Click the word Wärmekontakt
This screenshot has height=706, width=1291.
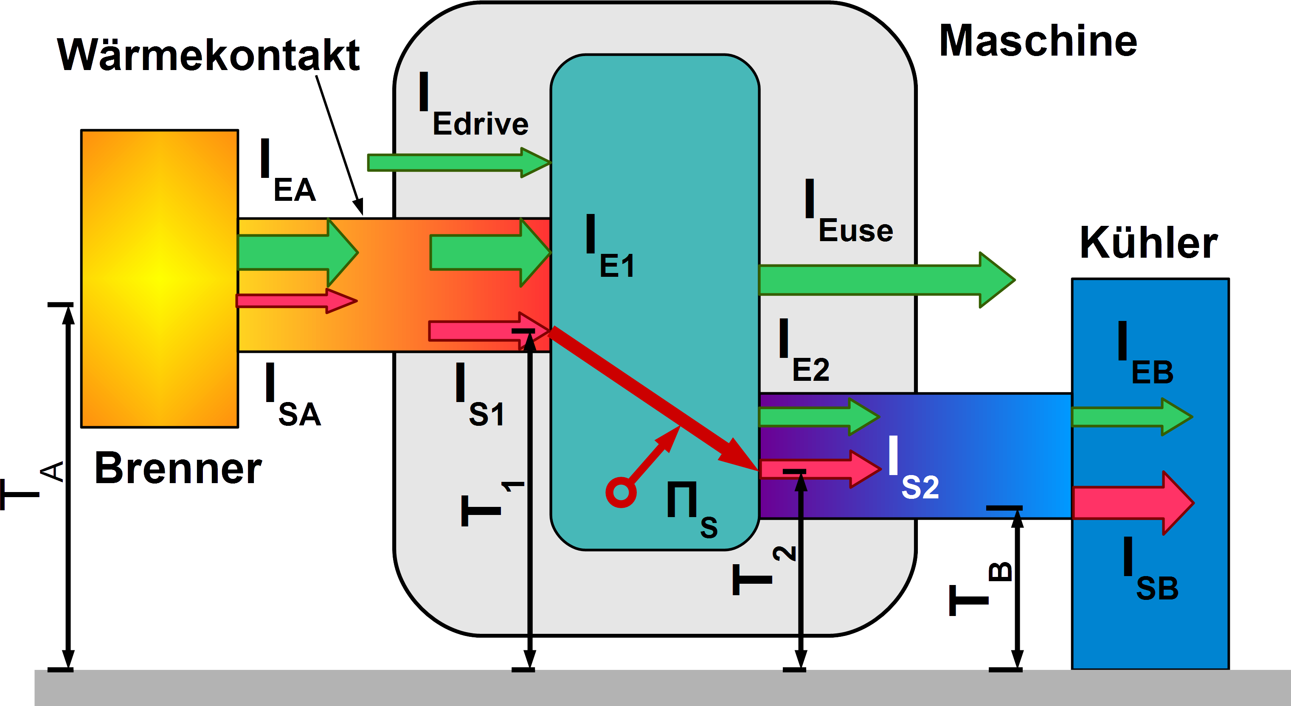208,55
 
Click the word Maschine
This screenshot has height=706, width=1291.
1038,41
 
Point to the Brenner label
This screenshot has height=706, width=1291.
178,469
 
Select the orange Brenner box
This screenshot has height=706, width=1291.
159,278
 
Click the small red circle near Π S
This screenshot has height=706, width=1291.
620,492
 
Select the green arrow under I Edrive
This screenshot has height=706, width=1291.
458,162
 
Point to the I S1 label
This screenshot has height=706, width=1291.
478,396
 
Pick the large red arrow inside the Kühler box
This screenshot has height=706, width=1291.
1133,503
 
